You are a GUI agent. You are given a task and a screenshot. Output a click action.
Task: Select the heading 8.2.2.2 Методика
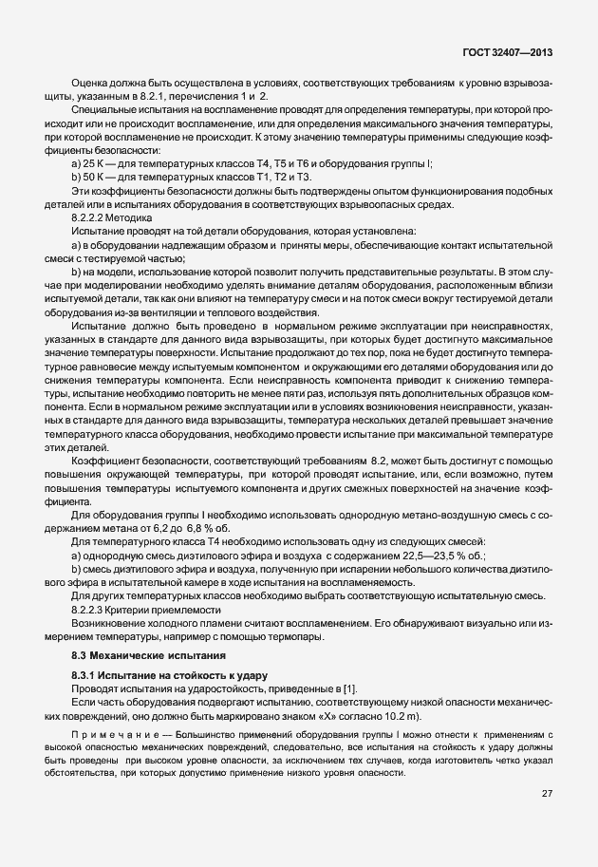click(x=111, y=217)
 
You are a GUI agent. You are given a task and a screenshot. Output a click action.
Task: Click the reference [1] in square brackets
click(x=348, y=688)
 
